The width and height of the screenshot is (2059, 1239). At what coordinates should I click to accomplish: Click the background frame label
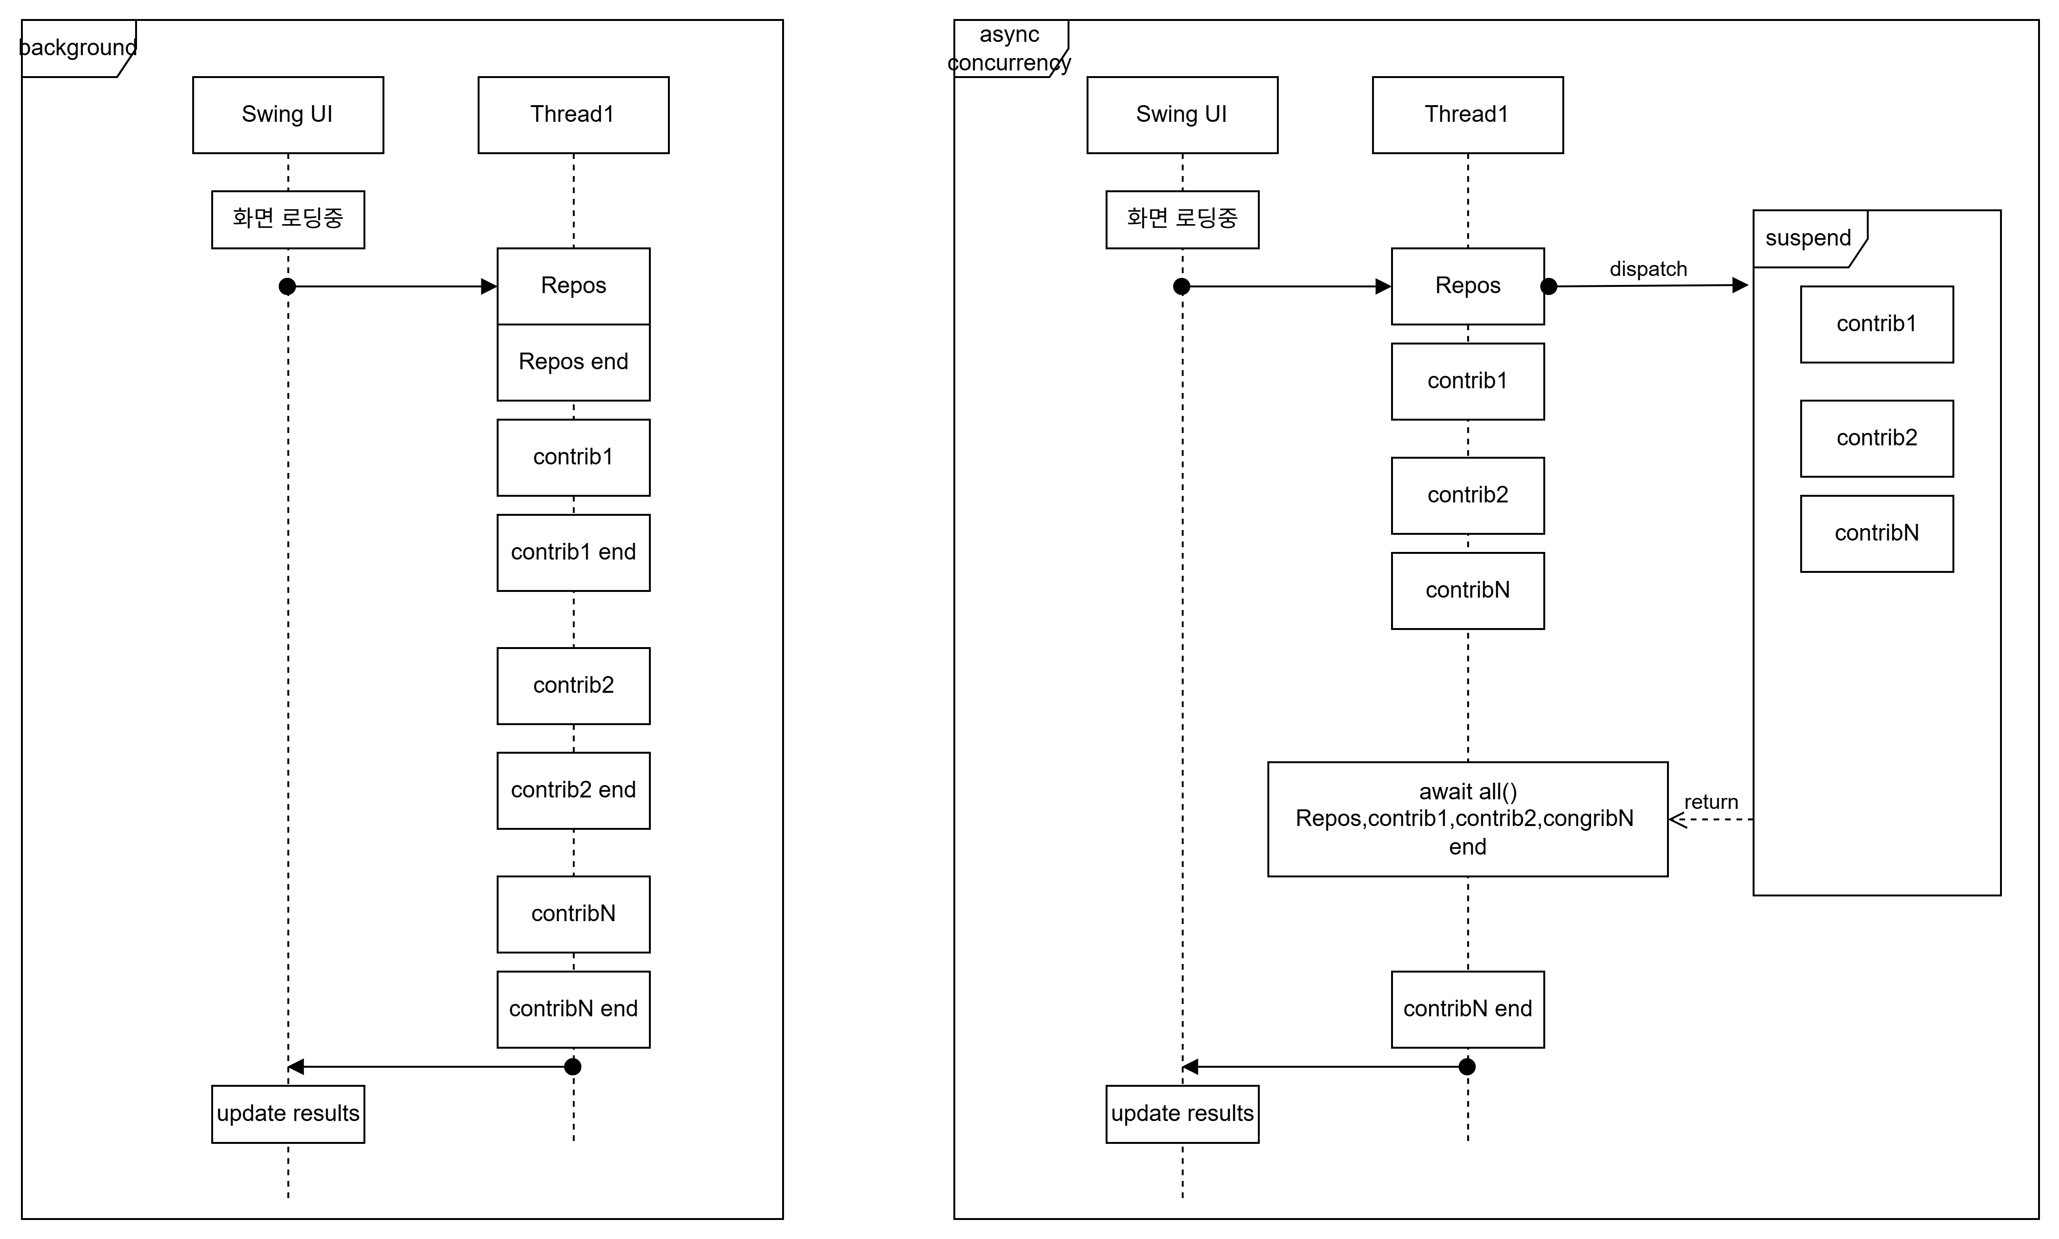click(78, 48)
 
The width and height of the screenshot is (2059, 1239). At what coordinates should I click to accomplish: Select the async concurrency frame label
click(1010, 49)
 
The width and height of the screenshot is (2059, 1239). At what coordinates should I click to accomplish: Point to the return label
click(1711, 802)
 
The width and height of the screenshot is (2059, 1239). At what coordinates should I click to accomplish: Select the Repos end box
click(573, 362)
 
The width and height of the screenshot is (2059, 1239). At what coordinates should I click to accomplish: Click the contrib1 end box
click(573, 552)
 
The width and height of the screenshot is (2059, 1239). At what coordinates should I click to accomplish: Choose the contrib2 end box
click(573, 790)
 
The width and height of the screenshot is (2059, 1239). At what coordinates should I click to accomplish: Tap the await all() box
click(1467, 818)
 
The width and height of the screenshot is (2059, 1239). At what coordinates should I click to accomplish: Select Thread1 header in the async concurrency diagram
click(1467, 114)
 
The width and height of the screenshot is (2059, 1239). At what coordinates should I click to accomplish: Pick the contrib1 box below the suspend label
click(1876, 324)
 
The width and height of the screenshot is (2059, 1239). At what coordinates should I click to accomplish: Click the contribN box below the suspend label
click(1876, 533)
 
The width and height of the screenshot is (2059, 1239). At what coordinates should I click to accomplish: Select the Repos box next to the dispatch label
click(1467, 285)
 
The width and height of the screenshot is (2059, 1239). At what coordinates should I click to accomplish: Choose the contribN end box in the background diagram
click(573, 1009)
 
